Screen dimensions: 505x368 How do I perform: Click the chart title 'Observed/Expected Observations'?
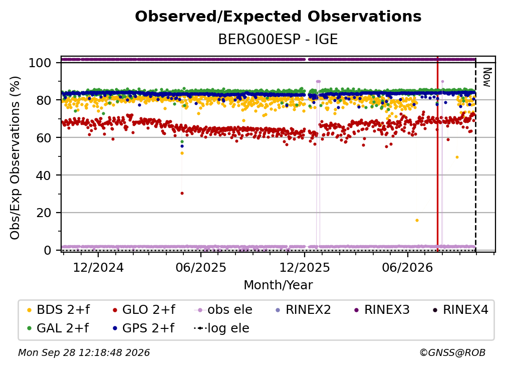[278, 17]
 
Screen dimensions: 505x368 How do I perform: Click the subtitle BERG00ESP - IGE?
[278, 39]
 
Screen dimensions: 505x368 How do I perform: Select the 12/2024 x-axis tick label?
[98, 267]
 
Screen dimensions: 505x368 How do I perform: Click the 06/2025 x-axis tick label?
[201, 267]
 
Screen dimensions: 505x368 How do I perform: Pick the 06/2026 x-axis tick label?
[408, 267]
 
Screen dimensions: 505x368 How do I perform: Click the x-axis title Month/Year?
[278, 285]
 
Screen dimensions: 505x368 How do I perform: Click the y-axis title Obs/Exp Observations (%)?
[15, 158]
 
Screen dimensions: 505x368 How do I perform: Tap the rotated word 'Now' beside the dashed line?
[487, 77]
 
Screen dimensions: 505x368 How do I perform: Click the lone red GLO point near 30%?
[182, 194]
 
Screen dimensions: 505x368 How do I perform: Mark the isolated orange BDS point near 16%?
[417, 221]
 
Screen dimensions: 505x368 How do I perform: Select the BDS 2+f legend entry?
[58, 310]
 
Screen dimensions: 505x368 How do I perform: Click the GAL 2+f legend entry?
[58, 328]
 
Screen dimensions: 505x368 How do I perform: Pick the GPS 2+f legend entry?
[143, 328]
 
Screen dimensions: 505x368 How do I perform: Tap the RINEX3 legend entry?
[382, 310]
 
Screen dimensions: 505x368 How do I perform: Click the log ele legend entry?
[221, 328]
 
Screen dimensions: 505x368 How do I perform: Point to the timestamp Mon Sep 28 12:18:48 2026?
[84, 352]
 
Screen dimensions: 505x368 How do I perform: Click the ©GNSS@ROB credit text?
[452, 352]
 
